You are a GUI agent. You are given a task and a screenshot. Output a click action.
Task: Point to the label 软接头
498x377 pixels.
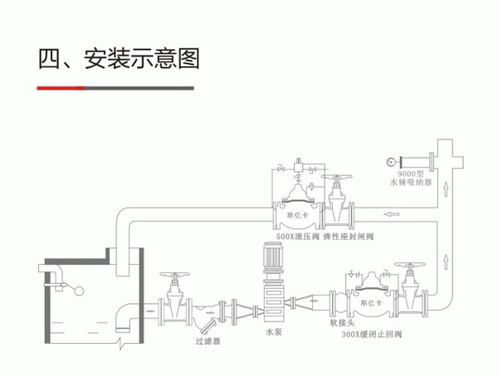pos(329,327)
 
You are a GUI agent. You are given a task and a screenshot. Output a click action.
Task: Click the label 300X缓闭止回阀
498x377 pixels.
pos(371,337)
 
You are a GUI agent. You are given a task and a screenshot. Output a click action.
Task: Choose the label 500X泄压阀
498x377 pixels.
pos(298,237)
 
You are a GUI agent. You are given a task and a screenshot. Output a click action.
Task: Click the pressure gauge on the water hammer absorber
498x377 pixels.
pos(388,160)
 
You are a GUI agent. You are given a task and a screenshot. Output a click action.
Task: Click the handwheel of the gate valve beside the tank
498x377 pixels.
pos(174,275)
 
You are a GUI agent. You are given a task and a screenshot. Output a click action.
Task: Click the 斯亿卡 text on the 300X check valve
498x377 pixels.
pos(370,304)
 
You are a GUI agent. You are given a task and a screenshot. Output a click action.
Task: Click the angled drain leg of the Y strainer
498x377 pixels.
pos(210,321)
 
